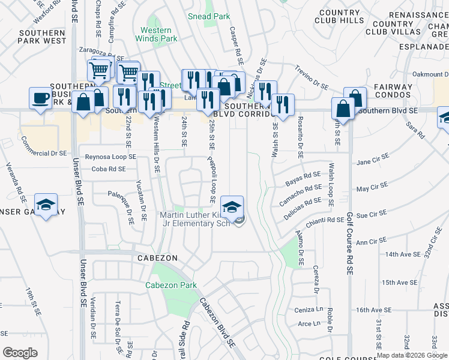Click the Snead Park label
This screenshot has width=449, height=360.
click(208, 16)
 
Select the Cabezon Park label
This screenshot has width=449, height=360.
click(170, 285)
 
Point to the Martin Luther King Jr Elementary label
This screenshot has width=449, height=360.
click(195, 219)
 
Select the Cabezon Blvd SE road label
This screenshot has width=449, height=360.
click(217, 324)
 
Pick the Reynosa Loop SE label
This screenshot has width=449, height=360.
click(111, 157)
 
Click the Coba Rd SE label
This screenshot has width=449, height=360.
click(109, 169)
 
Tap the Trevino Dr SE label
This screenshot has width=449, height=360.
click(312, 79)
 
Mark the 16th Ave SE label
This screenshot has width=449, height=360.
click(373, 310)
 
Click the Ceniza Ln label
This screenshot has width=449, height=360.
click(309, 310)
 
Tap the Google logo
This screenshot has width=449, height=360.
click(20, 353)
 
